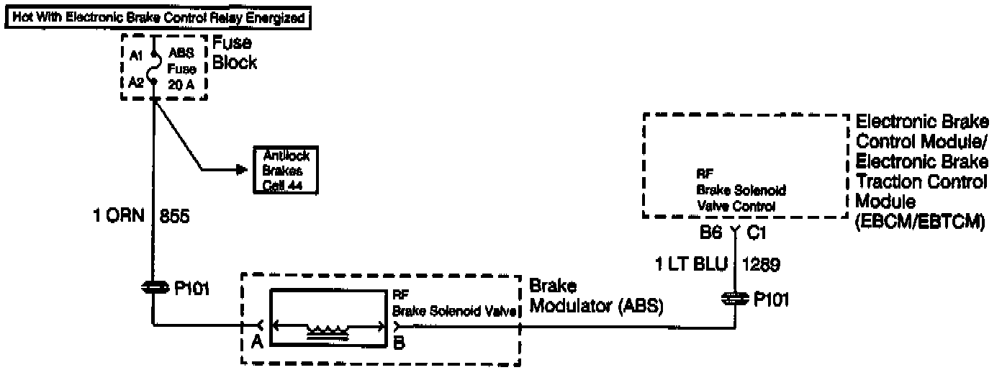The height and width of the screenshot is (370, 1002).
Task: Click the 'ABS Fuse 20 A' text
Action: [180, 68]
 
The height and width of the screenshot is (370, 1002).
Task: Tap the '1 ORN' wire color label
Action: [119, 217]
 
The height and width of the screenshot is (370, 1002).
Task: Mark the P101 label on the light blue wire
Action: [771, 299]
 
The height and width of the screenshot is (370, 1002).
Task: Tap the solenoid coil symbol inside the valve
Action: [328, 330]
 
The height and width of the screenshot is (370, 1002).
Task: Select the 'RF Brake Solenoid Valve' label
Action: [453, 304]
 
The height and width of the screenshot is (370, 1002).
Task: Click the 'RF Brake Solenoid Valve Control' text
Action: [740, 191]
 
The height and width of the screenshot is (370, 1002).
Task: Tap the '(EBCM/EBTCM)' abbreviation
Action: [919, 222]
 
